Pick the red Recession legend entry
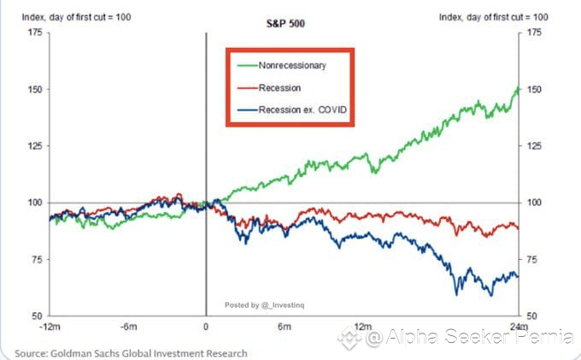coord(279,88)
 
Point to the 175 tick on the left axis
coord(33,32)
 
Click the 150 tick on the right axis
coord(534,90)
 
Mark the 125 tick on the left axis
coord(33,146)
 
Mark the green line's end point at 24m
coord(518,89)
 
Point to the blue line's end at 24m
coord(518,275)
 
